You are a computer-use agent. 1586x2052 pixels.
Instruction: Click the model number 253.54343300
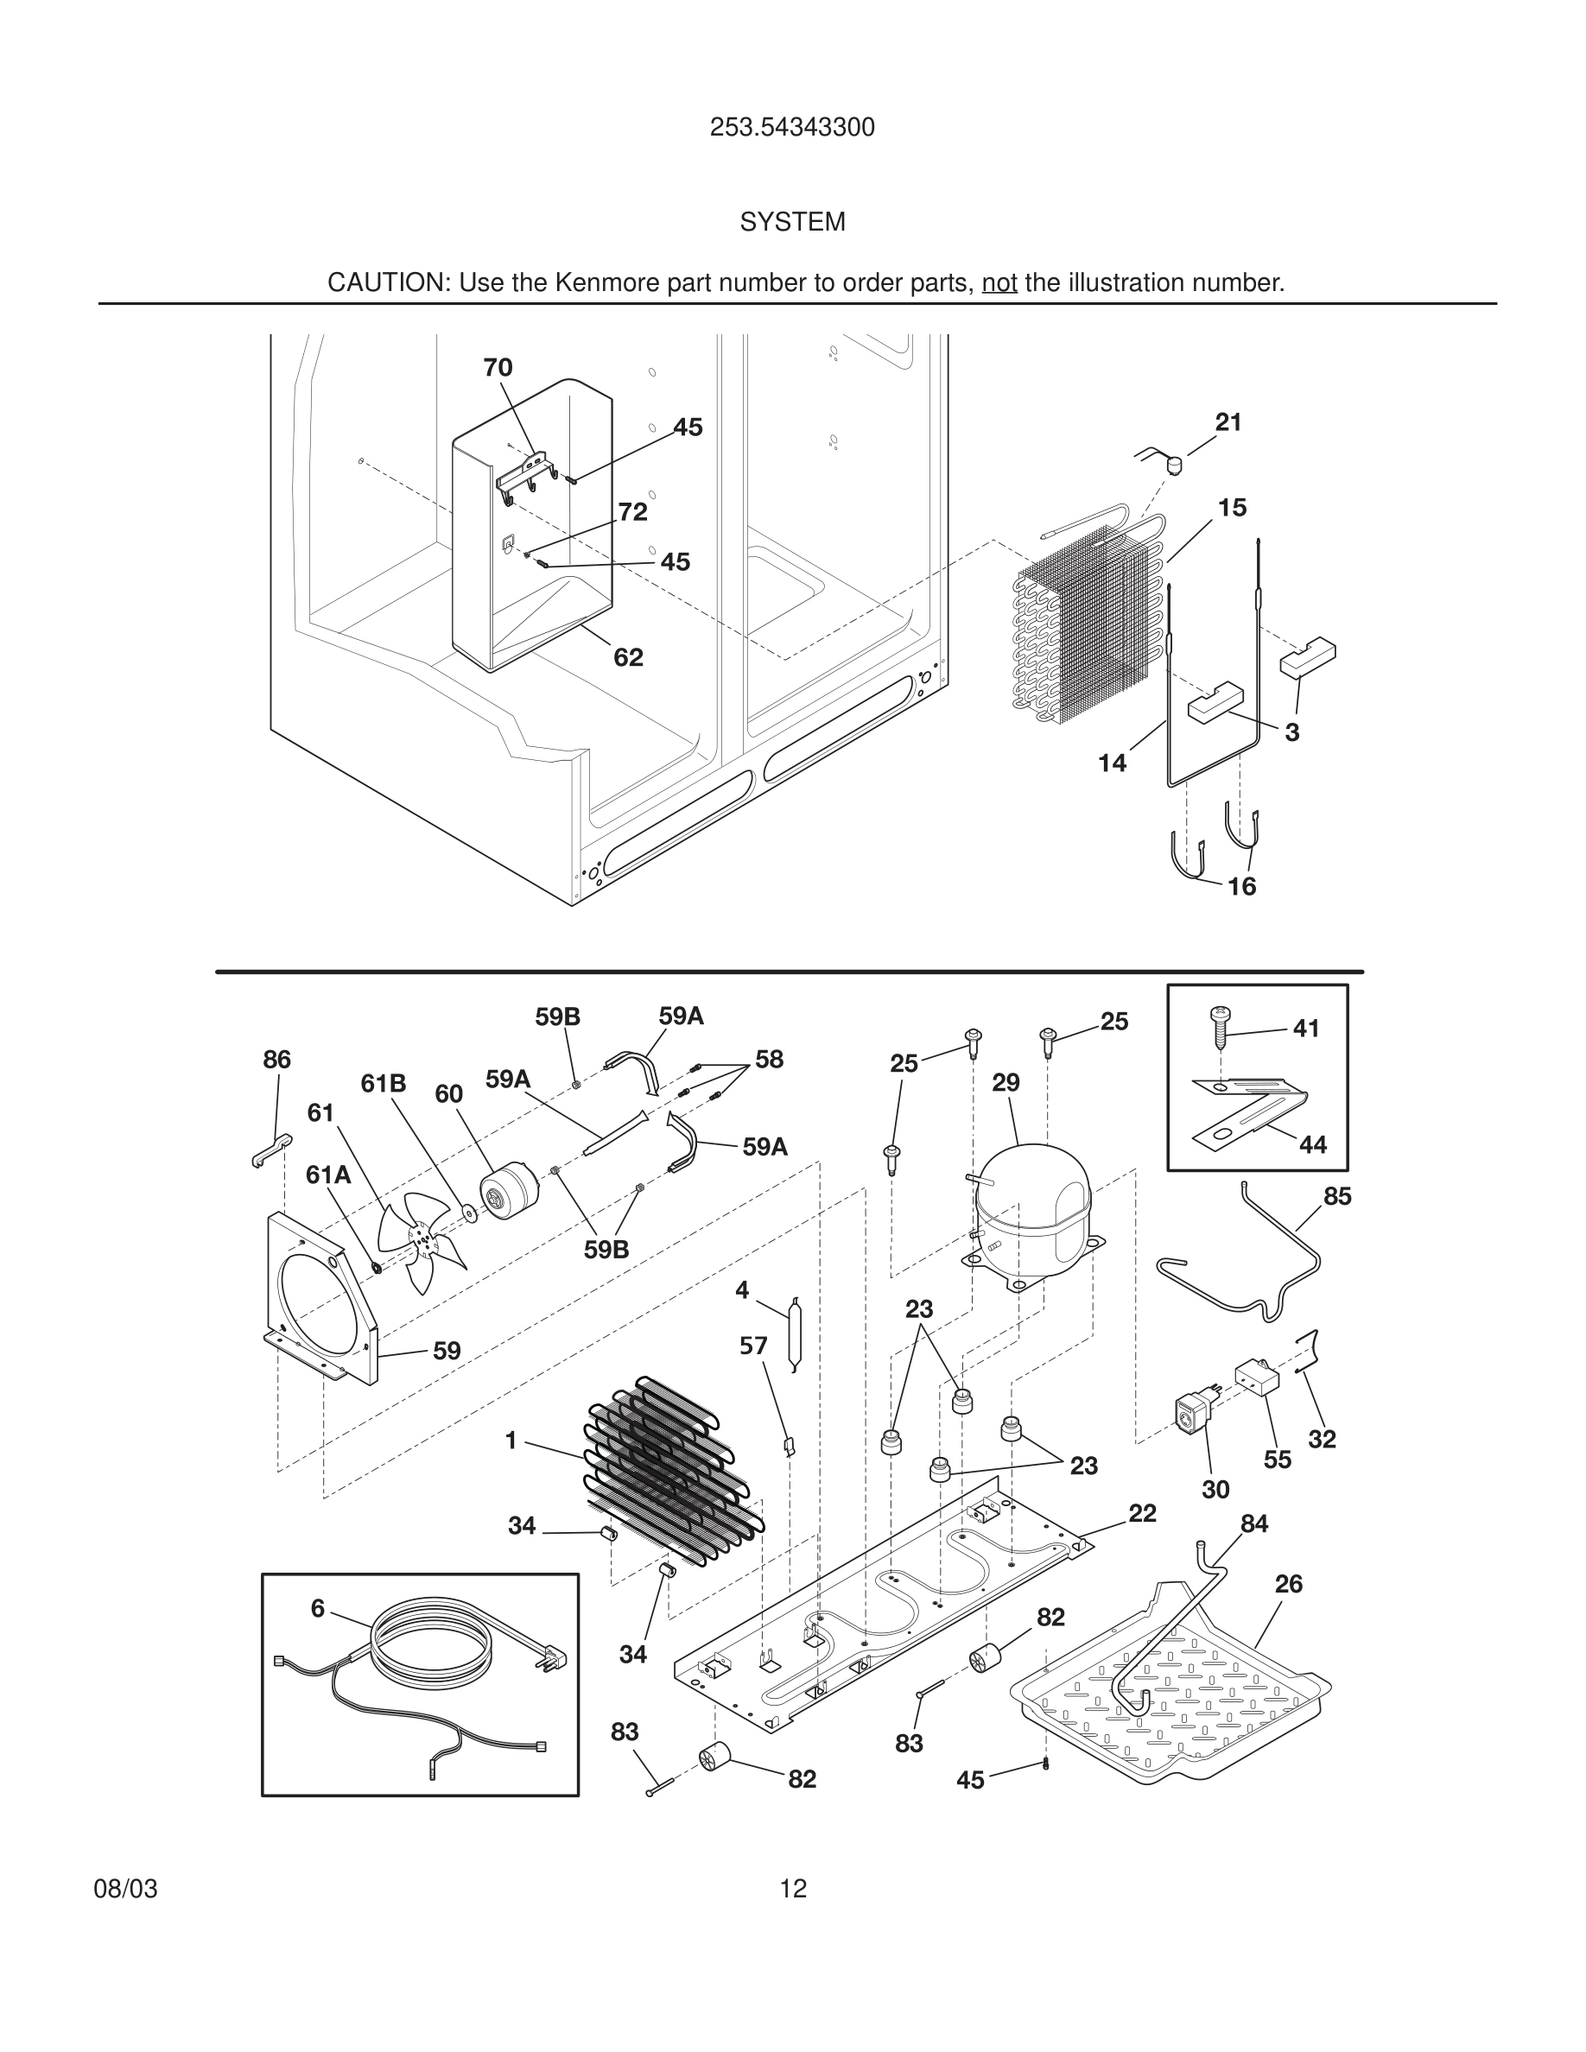point(792,128)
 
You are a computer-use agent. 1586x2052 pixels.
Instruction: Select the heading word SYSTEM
point(792,223)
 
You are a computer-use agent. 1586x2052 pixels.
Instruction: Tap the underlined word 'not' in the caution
point(999,282)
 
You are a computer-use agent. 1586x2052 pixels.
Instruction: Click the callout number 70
point(498,368)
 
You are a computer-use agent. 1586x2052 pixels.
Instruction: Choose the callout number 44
point(1312,1144)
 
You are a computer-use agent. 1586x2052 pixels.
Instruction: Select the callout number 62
point(629,658)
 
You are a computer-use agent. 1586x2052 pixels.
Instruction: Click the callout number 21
point(1228,423)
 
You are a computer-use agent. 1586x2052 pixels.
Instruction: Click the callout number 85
point(1337,1196)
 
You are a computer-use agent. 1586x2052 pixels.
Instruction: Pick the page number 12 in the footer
point(793,1889)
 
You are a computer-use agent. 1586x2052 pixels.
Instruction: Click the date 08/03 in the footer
point(126,1889)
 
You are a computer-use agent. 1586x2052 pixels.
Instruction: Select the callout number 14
point(1113,763)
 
